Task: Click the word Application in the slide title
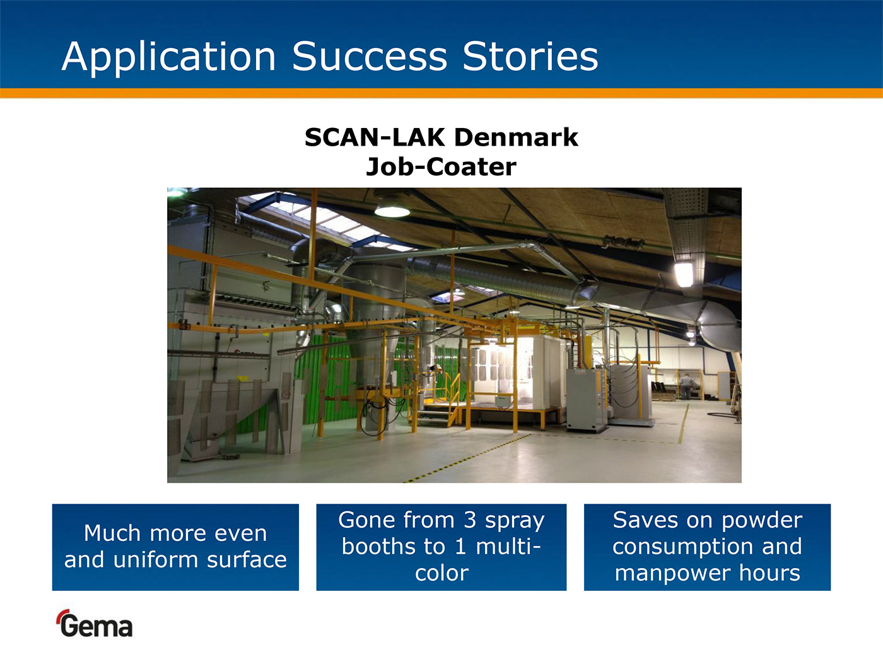coord(169,57)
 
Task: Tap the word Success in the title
coord(370,57)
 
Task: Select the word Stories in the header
coord(530,57)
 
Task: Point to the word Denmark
coord(516,137)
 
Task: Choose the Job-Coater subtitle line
coord(441,167)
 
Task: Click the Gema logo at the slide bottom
coord(95,624)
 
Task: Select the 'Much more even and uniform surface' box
coord(175,547)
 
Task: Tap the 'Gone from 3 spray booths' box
coord(441,547)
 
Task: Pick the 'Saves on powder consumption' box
coord(707,547)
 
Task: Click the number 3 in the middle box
coord(470,520)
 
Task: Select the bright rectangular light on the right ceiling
coord(684,274)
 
